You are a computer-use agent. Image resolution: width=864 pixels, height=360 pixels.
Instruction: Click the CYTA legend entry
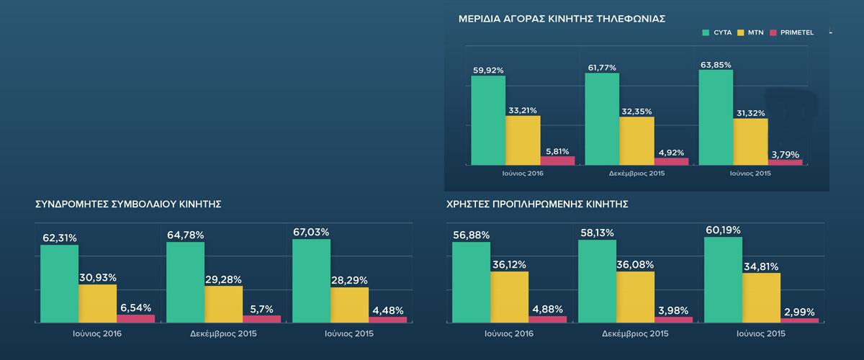click(716, 33)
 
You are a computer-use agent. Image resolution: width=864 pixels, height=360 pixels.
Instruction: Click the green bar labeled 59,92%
click(488, 120)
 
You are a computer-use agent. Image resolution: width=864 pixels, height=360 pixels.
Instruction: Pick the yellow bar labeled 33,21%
click(523, 140)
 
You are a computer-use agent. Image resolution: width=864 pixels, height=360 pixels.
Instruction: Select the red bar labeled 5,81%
click(557, 161)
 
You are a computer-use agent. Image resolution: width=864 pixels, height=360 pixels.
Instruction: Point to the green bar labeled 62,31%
click(59, 284)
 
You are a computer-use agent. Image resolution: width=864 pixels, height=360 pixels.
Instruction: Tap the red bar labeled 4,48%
click(387, 319)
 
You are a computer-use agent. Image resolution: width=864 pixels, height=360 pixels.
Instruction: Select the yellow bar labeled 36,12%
click(509, 297)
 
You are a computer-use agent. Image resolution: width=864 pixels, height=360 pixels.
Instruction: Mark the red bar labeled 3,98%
click(673, 319)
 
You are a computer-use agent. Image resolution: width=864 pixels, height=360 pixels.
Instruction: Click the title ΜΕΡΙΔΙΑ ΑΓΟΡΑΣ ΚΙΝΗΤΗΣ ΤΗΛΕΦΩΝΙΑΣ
click(562, 19)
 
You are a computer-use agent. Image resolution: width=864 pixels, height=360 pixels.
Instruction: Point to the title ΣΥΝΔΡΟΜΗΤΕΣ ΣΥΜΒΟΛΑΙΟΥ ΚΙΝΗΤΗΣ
click(127, 204)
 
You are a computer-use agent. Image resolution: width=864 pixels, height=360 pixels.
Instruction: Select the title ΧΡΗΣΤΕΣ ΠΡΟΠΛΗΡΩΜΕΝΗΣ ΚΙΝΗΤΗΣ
click(537, 204)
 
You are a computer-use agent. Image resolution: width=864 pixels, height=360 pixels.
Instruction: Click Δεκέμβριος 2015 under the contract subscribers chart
click(223, 334)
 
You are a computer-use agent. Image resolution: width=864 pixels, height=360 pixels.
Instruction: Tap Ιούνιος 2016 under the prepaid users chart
click(509, 334)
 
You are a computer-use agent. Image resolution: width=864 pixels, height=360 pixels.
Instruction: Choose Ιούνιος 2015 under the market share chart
click(750, 174)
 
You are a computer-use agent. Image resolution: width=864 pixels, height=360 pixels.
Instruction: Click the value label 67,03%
click(311, 232)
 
